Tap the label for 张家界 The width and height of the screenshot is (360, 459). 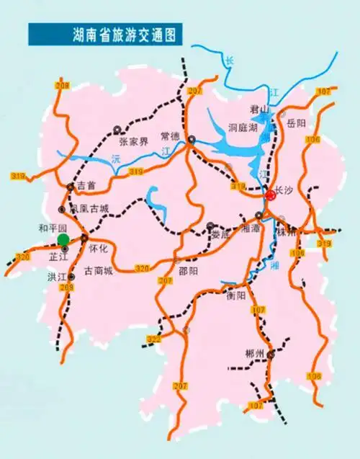[133, 142]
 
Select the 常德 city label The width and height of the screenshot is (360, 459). [170, 135]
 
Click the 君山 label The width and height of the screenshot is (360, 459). [258, 110]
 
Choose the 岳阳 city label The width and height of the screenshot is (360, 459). [297, 123]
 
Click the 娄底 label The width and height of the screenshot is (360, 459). [220, 233]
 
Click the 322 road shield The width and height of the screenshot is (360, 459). [153, 339]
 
